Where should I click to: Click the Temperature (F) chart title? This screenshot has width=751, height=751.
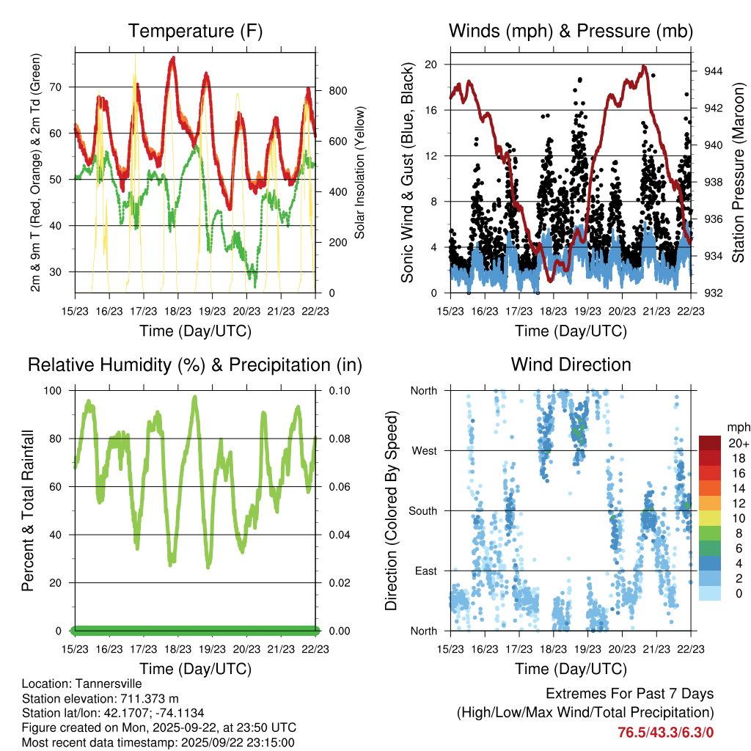tap(195, 32)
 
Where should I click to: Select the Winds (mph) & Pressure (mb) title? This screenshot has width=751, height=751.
tap(571, 32)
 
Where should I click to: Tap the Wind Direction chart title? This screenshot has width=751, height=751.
tap(571, 364)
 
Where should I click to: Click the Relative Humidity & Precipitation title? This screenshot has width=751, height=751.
tap(195, 364)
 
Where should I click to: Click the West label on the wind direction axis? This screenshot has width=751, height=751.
tap(424, 451)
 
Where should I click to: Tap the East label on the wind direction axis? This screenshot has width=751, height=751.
tap(425, 571)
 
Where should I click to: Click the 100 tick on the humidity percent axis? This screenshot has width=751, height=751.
tap(58, 391)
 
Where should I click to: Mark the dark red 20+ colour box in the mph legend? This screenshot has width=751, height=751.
tap(710, 443)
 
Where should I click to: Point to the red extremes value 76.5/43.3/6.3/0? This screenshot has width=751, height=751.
tap(666, 732)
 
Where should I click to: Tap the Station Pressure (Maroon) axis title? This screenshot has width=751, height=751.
tap(739, 172)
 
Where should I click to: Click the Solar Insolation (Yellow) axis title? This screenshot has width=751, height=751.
tap(360, 172)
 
